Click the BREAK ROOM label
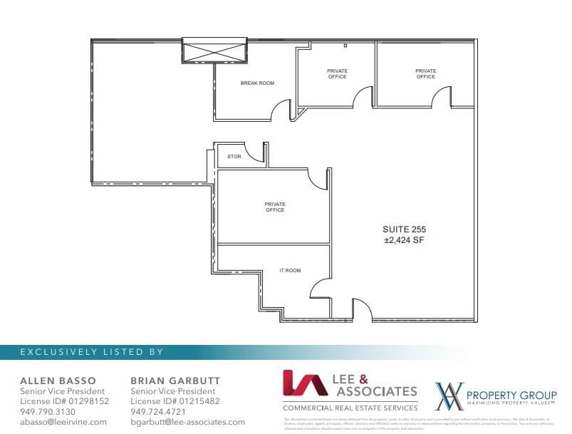coord(257,83)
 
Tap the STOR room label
coord(234,156)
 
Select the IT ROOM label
coord(290,271)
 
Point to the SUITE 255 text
coord(405,229)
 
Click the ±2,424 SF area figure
coord(405,240)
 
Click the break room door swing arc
coord(281,109)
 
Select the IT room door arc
coord(318,288)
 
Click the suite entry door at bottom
coord(361,308)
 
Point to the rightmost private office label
coord(425,74)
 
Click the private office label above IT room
coord(274,207)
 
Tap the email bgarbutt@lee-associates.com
coord(187,422)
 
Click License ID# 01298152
coord(64,401)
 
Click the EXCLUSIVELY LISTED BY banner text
coord(91,352)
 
